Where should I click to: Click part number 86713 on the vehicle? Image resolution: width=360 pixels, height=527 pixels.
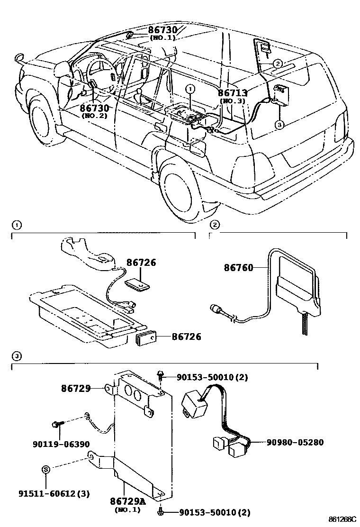[233, 93]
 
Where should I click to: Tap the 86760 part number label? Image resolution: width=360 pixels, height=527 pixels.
[238, 268]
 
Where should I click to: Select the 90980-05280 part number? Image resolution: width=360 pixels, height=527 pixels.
[295, 442]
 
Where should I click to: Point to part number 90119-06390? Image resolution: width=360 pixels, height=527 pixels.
[61, 444]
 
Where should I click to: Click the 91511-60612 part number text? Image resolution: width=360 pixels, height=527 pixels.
[54, 494]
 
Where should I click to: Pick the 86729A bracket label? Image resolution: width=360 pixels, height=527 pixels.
[128, 501]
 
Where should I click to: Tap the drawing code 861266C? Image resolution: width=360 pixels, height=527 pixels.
[342, 519]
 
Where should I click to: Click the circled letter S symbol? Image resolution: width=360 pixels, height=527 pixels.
[46, 470]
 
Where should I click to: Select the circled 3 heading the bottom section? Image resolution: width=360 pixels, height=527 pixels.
[17, 356]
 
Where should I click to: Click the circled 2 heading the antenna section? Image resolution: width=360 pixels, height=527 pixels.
[214, 225]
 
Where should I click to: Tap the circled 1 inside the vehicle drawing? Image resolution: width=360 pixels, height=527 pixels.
[190, 89]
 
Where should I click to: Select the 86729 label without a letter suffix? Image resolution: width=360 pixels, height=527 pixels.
[76, 389]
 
